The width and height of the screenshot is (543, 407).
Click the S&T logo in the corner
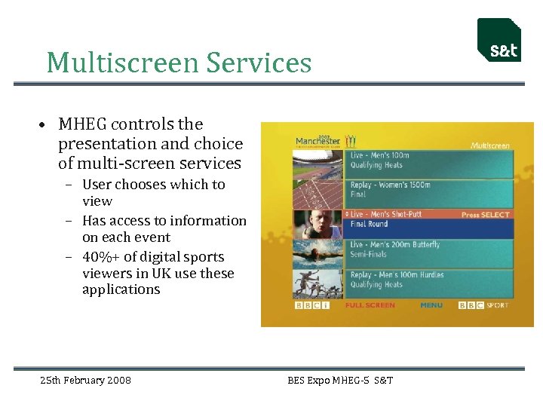pos(499,41)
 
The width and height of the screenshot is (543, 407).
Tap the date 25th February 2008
pos(85,380)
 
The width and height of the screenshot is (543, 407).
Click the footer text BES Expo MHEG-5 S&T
pos(340,380)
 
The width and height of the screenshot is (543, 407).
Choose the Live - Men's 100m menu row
pos(430,160)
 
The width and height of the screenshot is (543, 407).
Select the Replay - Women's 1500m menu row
pos(430,189)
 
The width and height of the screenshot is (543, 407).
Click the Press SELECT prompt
pos(486,215)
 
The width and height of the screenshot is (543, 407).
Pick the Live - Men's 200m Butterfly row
pos(430,249)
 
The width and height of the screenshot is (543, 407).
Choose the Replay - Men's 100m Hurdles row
pos(430,280)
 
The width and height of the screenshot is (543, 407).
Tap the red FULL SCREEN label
pos(370,305)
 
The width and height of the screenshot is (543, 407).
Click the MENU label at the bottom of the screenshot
pos(431,305)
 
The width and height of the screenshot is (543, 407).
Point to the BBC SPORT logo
pos(483,305)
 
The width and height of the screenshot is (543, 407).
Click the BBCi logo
pos(311,305)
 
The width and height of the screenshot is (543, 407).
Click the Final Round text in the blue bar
pos(370,224)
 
